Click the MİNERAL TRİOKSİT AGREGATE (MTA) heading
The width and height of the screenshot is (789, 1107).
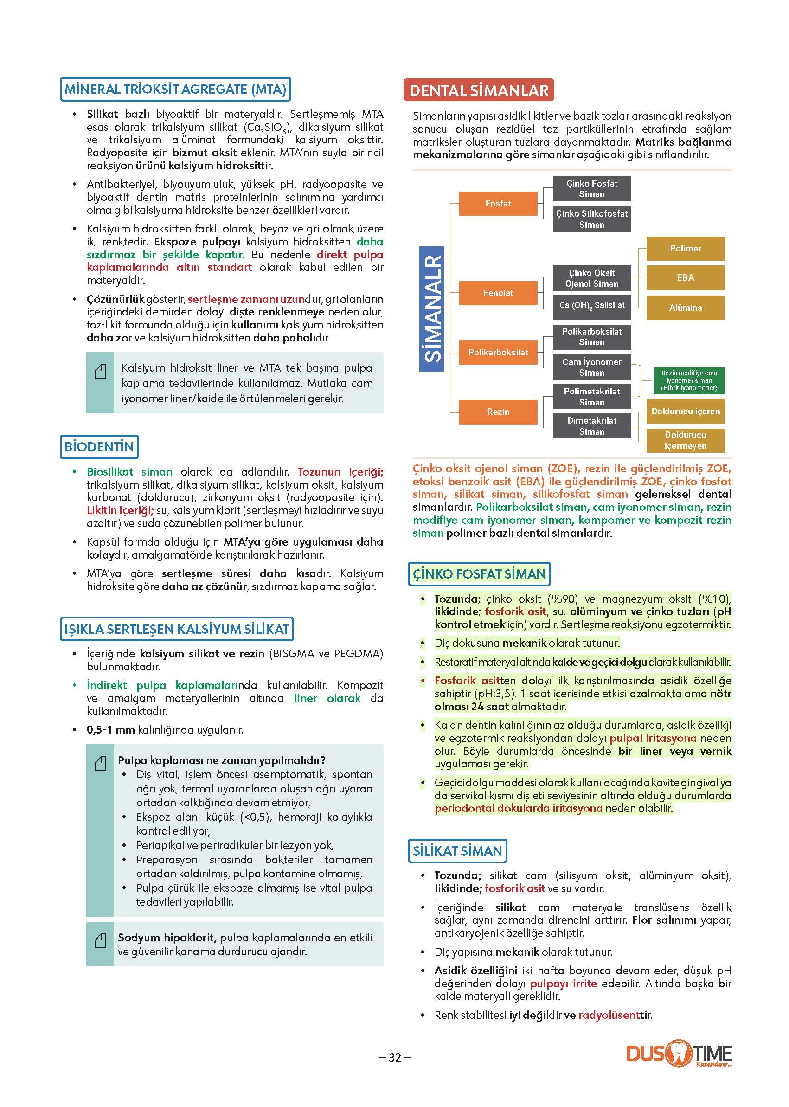click(175, 90)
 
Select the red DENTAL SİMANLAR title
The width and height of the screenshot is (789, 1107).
click(479, 90)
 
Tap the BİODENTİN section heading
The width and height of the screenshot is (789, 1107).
click(99, 447)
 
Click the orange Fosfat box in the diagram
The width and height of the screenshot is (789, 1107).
click(498, 204)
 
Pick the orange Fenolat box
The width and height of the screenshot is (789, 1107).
click(498, 293)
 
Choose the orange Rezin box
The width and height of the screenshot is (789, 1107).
click(498, 412)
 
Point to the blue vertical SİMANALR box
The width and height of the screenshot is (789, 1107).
click(432, 309)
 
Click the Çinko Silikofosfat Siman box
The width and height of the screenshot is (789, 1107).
click(592, 219)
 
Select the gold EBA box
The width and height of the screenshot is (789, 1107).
click(685, 277)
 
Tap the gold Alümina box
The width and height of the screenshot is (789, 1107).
click(685, 308)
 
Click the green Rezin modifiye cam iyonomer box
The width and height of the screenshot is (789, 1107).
click(689, 380)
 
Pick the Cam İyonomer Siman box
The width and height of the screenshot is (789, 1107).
click(592, 367)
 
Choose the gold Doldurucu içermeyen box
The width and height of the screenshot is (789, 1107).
click(685, 440)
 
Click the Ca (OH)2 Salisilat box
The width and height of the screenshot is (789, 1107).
click(592, 306)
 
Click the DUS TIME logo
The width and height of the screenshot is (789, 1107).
click(679, 1053)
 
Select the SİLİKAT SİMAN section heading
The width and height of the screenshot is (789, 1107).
click(457, 851)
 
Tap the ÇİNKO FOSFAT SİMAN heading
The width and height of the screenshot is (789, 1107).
click(479, 574)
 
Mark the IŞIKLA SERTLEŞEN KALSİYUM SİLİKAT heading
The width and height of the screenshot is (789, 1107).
click(177, 629)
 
